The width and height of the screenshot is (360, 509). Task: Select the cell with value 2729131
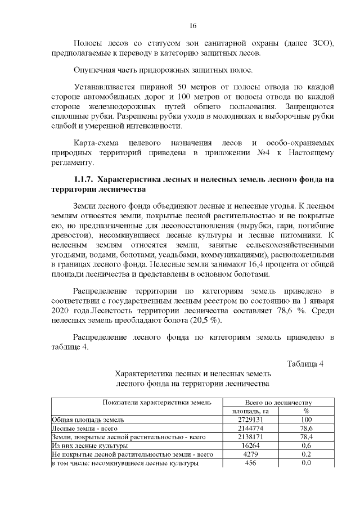(x=251, y=420)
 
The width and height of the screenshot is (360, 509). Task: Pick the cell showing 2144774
(x=251, y=429)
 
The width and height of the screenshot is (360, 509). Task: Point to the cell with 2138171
(x=251, y=437)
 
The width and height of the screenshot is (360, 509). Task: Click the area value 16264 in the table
(x=251, y=445)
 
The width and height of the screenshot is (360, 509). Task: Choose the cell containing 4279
(x=251, y=454)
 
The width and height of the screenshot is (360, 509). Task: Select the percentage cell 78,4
(x=307, y=437)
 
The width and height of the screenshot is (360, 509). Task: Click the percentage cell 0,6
(x=307, y=445)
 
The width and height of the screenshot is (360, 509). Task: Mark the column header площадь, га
(x=251, y=411)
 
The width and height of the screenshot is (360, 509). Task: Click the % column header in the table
(x=307, y=411)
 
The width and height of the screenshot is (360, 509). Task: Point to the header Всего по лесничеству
(x=278, y=403)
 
